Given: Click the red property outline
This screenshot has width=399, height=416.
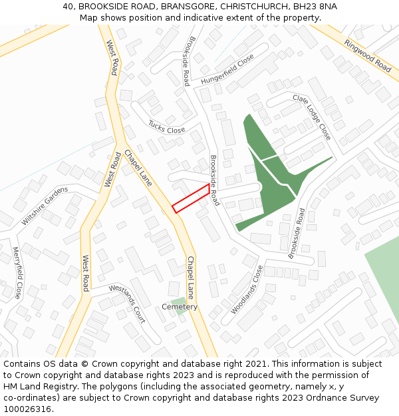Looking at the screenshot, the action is coord(192,198).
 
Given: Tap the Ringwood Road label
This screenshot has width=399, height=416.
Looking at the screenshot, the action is coord(368,55).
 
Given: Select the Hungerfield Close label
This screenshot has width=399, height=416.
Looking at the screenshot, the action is coord(227,70).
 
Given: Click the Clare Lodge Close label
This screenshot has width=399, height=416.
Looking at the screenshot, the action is coord(312,116).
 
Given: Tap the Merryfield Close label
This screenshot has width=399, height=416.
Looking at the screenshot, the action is coord(17,272).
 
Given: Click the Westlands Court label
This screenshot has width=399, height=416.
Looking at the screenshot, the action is coord(127,304).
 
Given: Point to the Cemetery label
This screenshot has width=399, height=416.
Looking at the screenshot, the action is coord(180,307).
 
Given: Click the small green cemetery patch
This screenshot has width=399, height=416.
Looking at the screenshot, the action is coord(177,302).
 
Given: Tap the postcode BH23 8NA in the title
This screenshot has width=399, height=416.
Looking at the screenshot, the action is coord(315,6).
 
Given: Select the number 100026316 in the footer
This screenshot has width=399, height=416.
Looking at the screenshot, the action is coord(27,409).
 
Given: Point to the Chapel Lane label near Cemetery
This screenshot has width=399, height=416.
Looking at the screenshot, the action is coord(191,277).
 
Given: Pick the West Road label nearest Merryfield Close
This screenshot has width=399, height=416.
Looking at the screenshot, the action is coord(85,273).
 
